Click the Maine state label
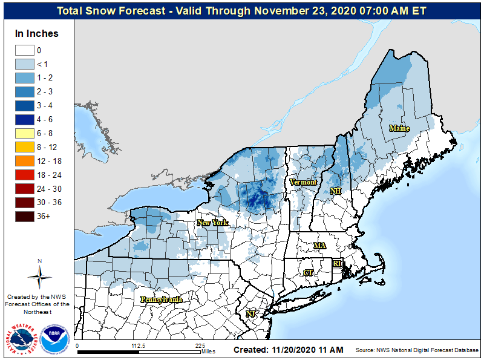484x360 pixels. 399,128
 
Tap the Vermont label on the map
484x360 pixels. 303,182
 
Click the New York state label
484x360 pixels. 212,223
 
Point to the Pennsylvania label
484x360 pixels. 162,299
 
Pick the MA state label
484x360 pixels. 319,246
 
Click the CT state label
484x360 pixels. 309,273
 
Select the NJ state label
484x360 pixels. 250,314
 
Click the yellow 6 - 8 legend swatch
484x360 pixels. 25,133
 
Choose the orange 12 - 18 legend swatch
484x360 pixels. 25,161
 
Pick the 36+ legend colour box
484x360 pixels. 25,216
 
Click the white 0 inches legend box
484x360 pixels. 25,50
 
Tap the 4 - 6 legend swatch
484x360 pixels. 25,119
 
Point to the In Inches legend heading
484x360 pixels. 37,34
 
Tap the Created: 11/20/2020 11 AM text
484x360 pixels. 288,350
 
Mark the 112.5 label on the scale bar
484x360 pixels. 139,346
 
